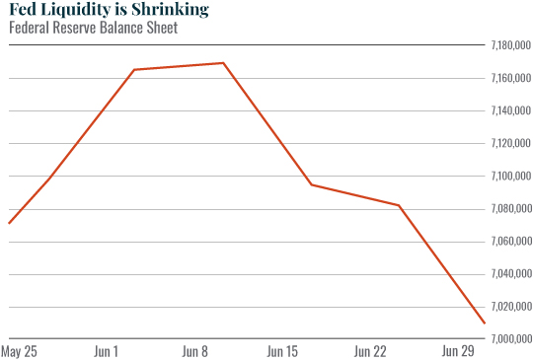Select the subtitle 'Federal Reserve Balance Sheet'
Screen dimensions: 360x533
[x=93, y=29]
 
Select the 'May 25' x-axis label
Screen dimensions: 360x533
[x=21, y=351]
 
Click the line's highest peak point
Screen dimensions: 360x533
[x=224, y=63]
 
